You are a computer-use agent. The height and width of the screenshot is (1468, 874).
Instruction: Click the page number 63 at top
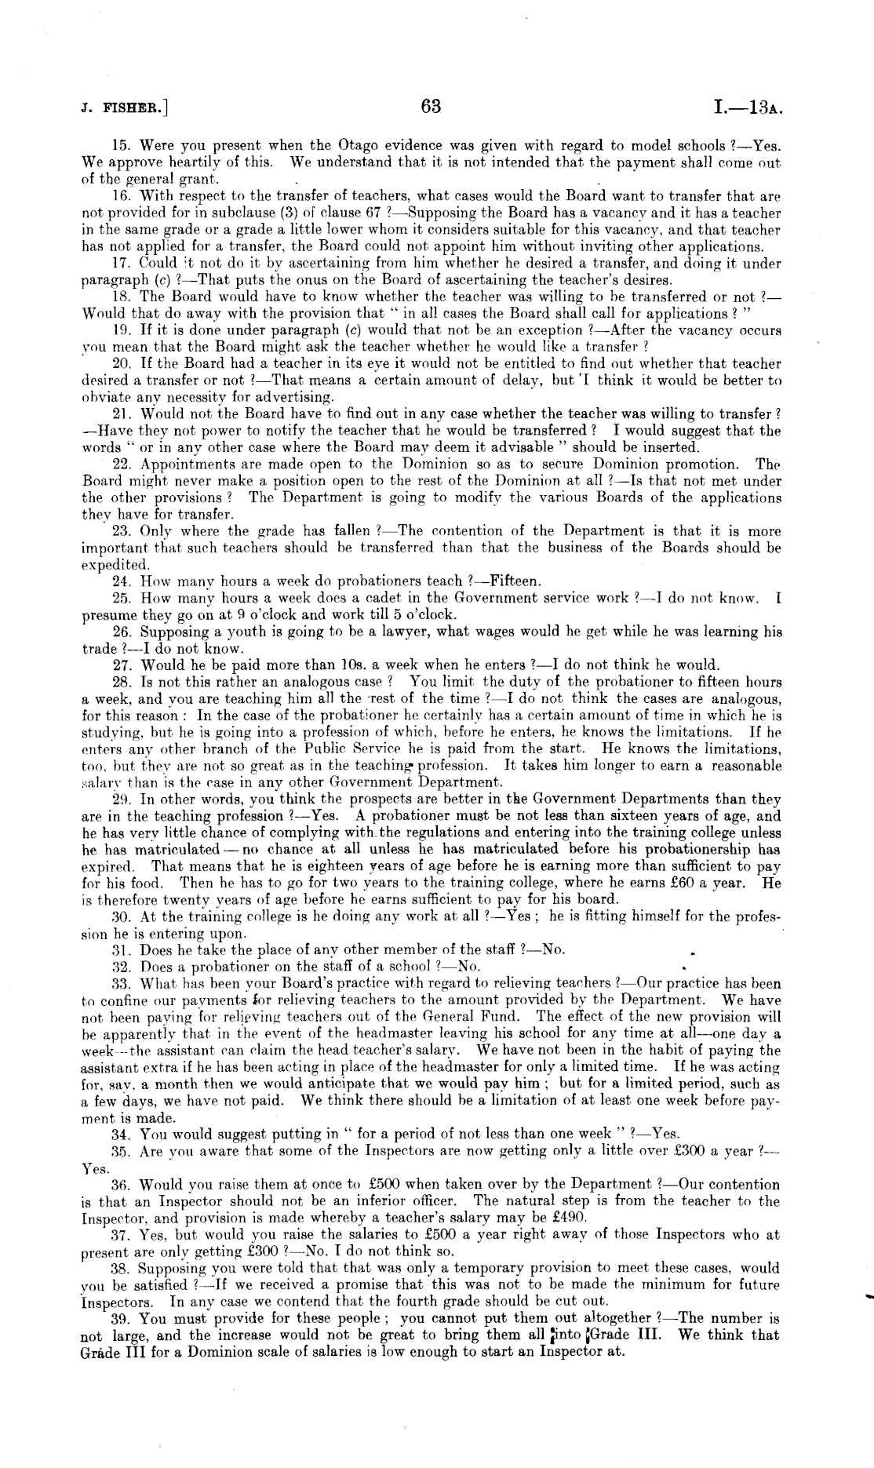point(432,106)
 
